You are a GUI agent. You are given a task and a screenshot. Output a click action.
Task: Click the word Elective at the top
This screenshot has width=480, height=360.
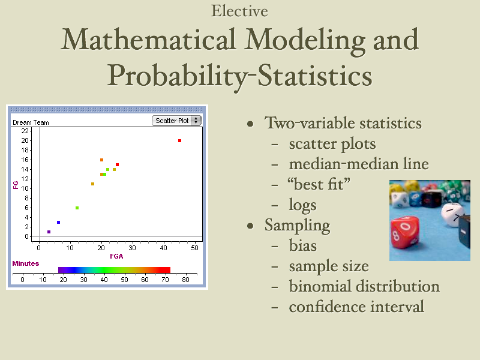pyautogui.click(x=239, y=11)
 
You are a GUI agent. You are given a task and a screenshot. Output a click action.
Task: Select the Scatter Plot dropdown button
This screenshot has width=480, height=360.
pyautogui.click(x=176, y=121)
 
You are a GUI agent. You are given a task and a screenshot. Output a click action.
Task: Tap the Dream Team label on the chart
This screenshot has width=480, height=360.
pyautogui.click(x=31, y=122)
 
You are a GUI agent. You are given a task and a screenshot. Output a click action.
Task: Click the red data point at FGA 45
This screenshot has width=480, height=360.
pyautogui.click(x=179, y=141)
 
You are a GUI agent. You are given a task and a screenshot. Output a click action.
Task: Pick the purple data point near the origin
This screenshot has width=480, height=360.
pyautogui.click(x=49, y=232)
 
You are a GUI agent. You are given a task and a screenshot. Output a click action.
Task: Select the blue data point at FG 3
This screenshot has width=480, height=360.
pyautogui.click(x=58, y=222)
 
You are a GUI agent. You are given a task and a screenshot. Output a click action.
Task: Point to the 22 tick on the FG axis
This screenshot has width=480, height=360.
pyautogui.click(x=25, y=131)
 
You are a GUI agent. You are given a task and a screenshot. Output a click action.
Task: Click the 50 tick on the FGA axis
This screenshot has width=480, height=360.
pyautogui.click(x=194, y=248)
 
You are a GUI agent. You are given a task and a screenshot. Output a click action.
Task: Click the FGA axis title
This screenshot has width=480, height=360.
pyautogui.click(x=116, y=256)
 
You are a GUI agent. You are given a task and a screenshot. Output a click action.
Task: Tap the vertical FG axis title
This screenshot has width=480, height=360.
pyautogui.click(x=16, y=185)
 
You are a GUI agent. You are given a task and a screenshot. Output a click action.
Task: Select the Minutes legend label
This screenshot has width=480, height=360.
pyautogui.click(x=26, y=263)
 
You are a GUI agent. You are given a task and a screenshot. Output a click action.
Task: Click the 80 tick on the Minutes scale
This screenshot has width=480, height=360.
pyautogui.click(x=185, y=280)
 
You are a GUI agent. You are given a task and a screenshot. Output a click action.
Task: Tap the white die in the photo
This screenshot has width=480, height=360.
pyautogui.click(x=453, y=214)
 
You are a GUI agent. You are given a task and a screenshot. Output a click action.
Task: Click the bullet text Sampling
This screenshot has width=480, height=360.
pyautogui.click(x=297, y=226)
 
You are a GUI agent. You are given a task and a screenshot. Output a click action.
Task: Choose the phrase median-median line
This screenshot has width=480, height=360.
pyautogui.click(x=359, y=164)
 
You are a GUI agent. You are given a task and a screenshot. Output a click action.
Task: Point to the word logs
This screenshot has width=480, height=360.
pyautogui.click(x=303, y=205)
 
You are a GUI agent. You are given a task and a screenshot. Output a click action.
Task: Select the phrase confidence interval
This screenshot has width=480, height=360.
pyautogui.click(x=356, y=307)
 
